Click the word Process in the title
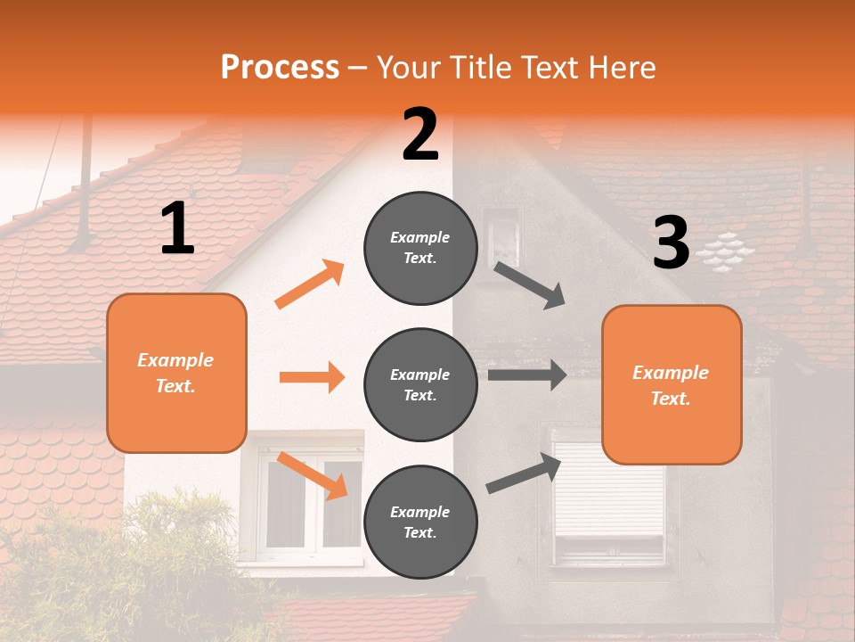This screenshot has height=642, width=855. [x=280, y=68]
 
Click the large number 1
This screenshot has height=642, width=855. [x=177, y=229]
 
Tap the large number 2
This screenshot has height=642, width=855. [x=420, y=135]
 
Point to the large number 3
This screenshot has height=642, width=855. [x=671, y=243]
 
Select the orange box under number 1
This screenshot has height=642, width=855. [x=176, y=373]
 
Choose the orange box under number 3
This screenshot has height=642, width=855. [x=672, y=384]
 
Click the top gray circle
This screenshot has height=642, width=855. [x=420, y=248]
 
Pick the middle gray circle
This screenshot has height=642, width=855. [x=420, y=384]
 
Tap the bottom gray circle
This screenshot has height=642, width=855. [x=420, y=522]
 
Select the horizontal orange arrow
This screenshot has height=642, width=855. [x=312, y=377]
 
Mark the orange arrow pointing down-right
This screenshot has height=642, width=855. [x=313, y=475]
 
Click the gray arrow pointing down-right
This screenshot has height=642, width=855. [x=530, y=285]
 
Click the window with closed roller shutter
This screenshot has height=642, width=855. [x=609, y=495]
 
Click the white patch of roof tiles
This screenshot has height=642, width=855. [x=726, y=251]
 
